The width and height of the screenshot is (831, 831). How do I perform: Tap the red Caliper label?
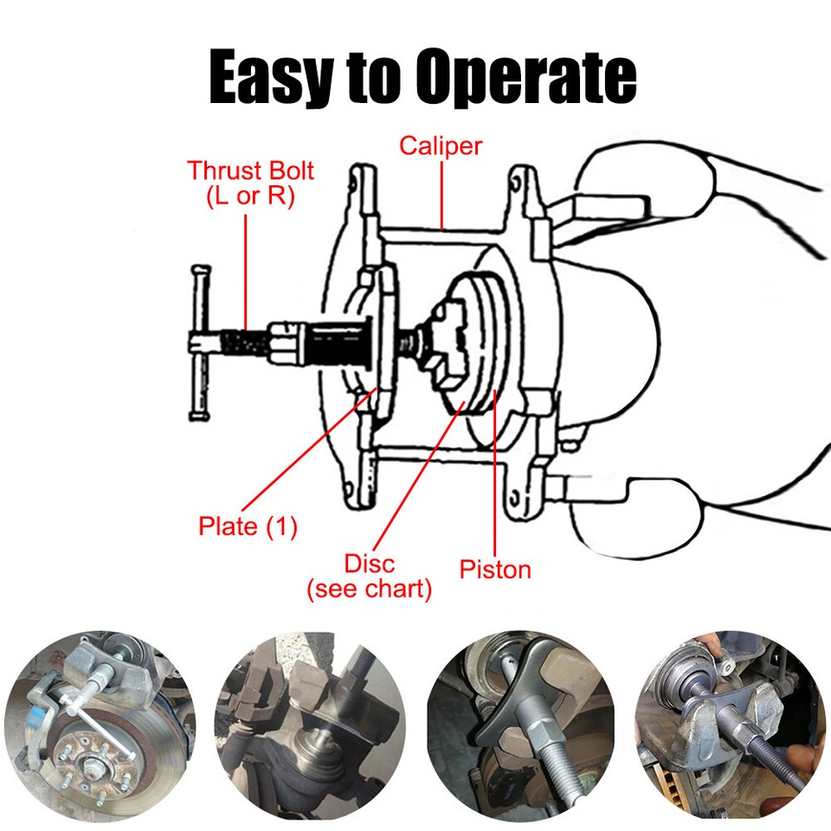click(x=440, y=145)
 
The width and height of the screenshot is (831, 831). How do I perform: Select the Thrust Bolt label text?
click(x=250, y=170)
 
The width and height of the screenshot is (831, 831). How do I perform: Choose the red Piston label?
click(x=494, y=569)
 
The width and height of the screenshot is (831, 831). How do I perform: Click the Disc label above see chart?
click(x=370, y=564)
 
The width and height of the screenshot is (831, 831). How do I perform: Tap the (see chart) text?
click(x=370, y=590)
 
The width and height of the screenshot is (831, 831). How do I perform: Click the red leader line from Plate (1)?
click(x=307, y=450)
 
